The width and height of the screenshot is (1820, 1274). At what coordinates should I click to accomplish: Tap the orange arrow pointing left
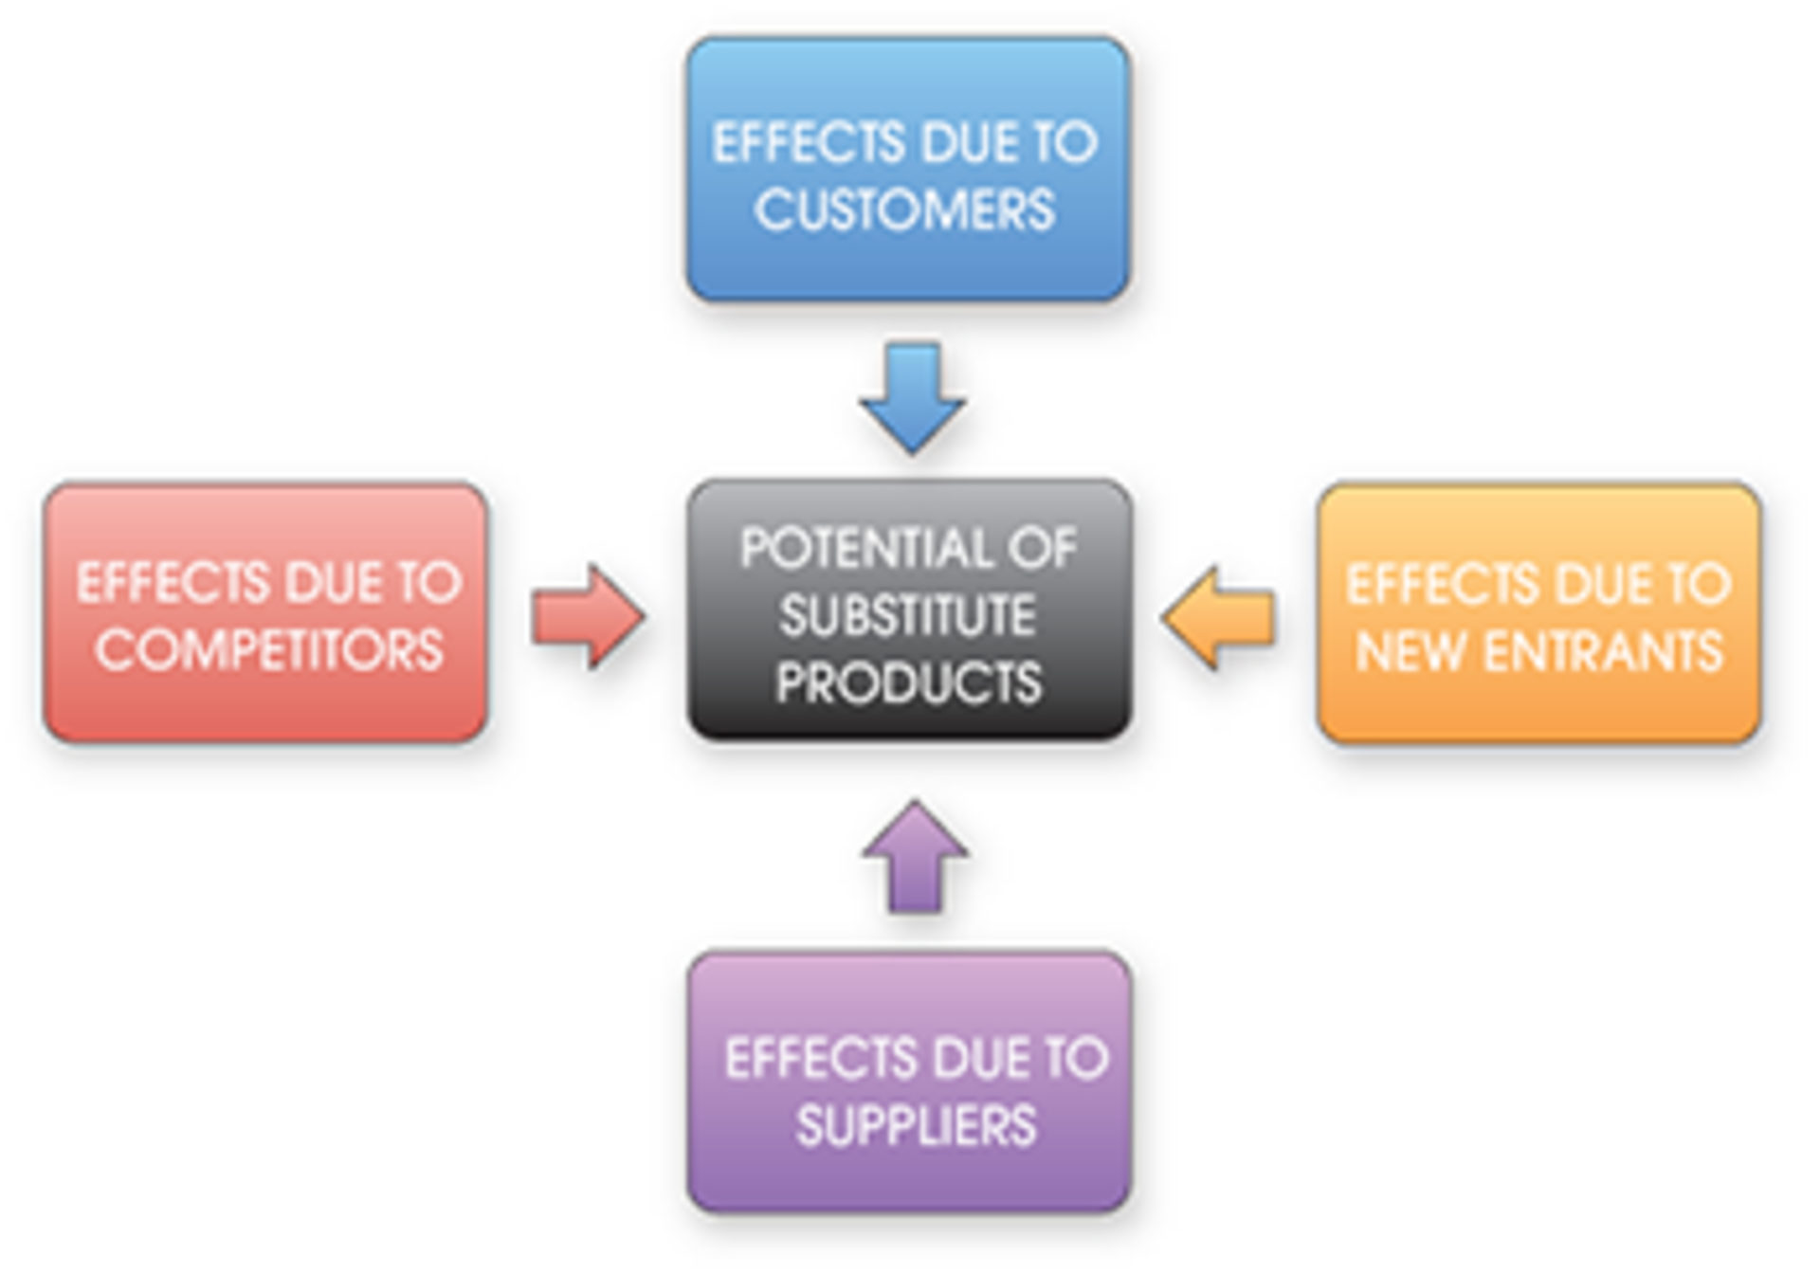pos(1219,617)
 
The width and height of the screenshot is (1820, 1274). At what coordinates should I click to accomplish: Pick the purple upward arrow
pos(915,858)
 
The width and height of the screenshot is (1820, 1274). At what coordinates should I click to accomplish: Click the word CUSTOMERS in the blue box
pos(904,209)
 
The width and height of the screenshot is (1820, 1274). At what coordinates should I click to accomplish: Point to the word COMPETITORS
pos(269,650)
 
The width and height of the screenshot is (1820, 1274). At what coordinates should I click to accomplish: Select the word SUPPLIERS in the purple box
pos(916,1126)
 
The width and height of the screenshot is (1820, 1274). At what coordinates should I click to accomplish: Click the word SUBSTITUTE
pos(907,616)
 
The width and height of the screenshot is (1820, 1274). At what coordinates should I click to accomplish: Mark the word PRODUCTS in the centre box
pos(908,682)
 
